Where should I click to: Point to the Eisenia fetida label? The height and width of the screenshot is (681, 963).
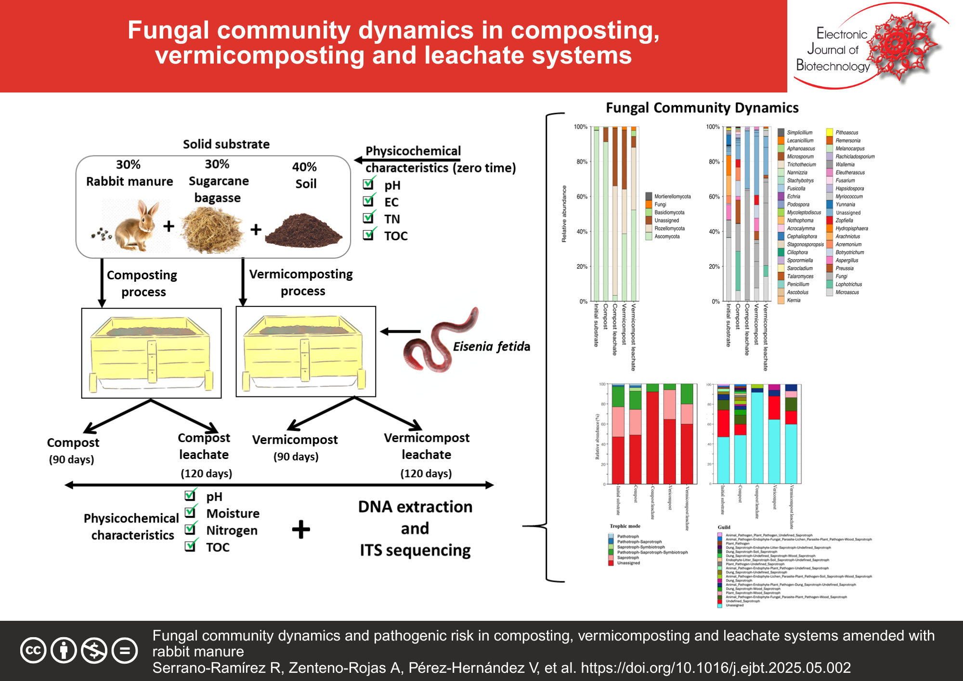pyautogui.click(x=491, y=346)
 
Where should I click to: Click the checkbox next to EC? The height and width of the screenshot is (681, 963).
pyautogui.click(x=369, y=201)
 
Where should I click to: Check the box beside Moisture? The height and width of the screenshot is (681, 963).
pyautogui.click(x=191, y=512)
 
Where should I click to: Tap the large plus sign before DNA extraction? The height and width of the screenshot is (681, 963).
pyautogui.click(x=301, y=529)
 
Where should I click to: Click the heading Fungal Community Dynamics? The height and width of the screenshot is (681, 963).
pyautogui.click(x=702, y=108)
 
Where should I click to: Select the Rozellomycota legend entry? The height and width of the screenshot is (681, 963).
pyautogui.click(x=669, y=228)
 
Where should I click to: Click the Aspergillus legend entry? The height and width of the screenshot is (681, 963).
pyautogui.click(x=846, y=260)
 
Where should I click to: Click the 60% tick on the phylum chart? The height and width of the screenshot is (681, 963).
pyautogui.click(x=581, y=196)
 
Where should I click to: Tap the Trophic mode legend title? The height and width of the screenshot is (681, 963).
pyautogui.click(x=625, y=526)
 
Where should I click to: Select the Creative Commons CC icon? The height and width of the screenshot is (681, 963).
pyautogui.click(x=33, y=651)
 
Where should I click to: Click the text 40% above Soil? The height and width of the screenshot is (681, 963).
pyautogui.click(x=304, y=167)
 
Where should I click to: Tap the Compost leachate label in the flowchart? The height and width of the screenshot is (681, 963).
pyautogui.click(x=204, y=446)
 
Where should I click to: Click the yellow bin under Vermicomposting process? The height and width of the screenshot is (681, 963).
pyautogui.click(x=305, y=351)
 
